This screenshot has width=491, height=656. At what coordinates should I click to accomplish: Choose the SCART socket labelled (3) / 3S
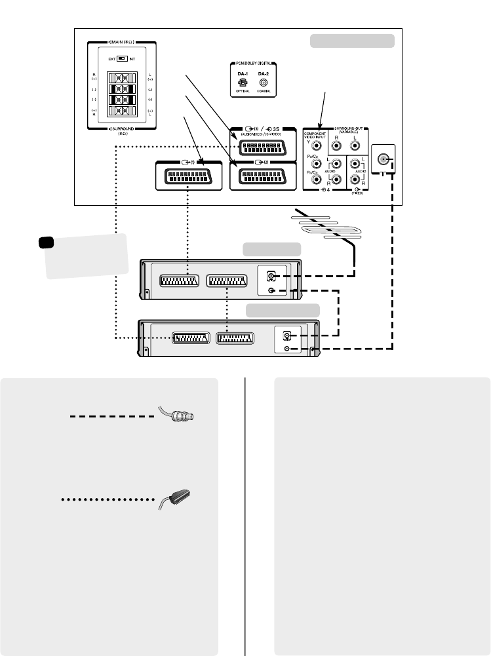pos(265,144)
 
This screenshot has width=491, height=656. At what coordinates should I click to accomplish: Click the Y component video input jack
pos(317,148)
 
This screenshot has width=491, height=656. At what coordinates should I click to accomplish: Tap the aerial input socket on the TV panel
pos(383,159)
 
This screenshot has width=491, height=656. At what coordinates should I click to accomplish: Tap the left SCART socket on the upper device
pos(178,281)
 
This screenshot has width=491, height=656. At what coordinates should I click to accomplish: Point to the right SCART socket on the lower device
pos(238,339)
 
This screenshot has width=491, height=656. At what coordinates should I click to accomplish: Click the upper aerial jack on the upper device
pos(271,277)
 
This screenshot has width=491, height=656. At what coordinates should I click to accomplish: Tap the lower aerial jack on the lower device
pos(286,349)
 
